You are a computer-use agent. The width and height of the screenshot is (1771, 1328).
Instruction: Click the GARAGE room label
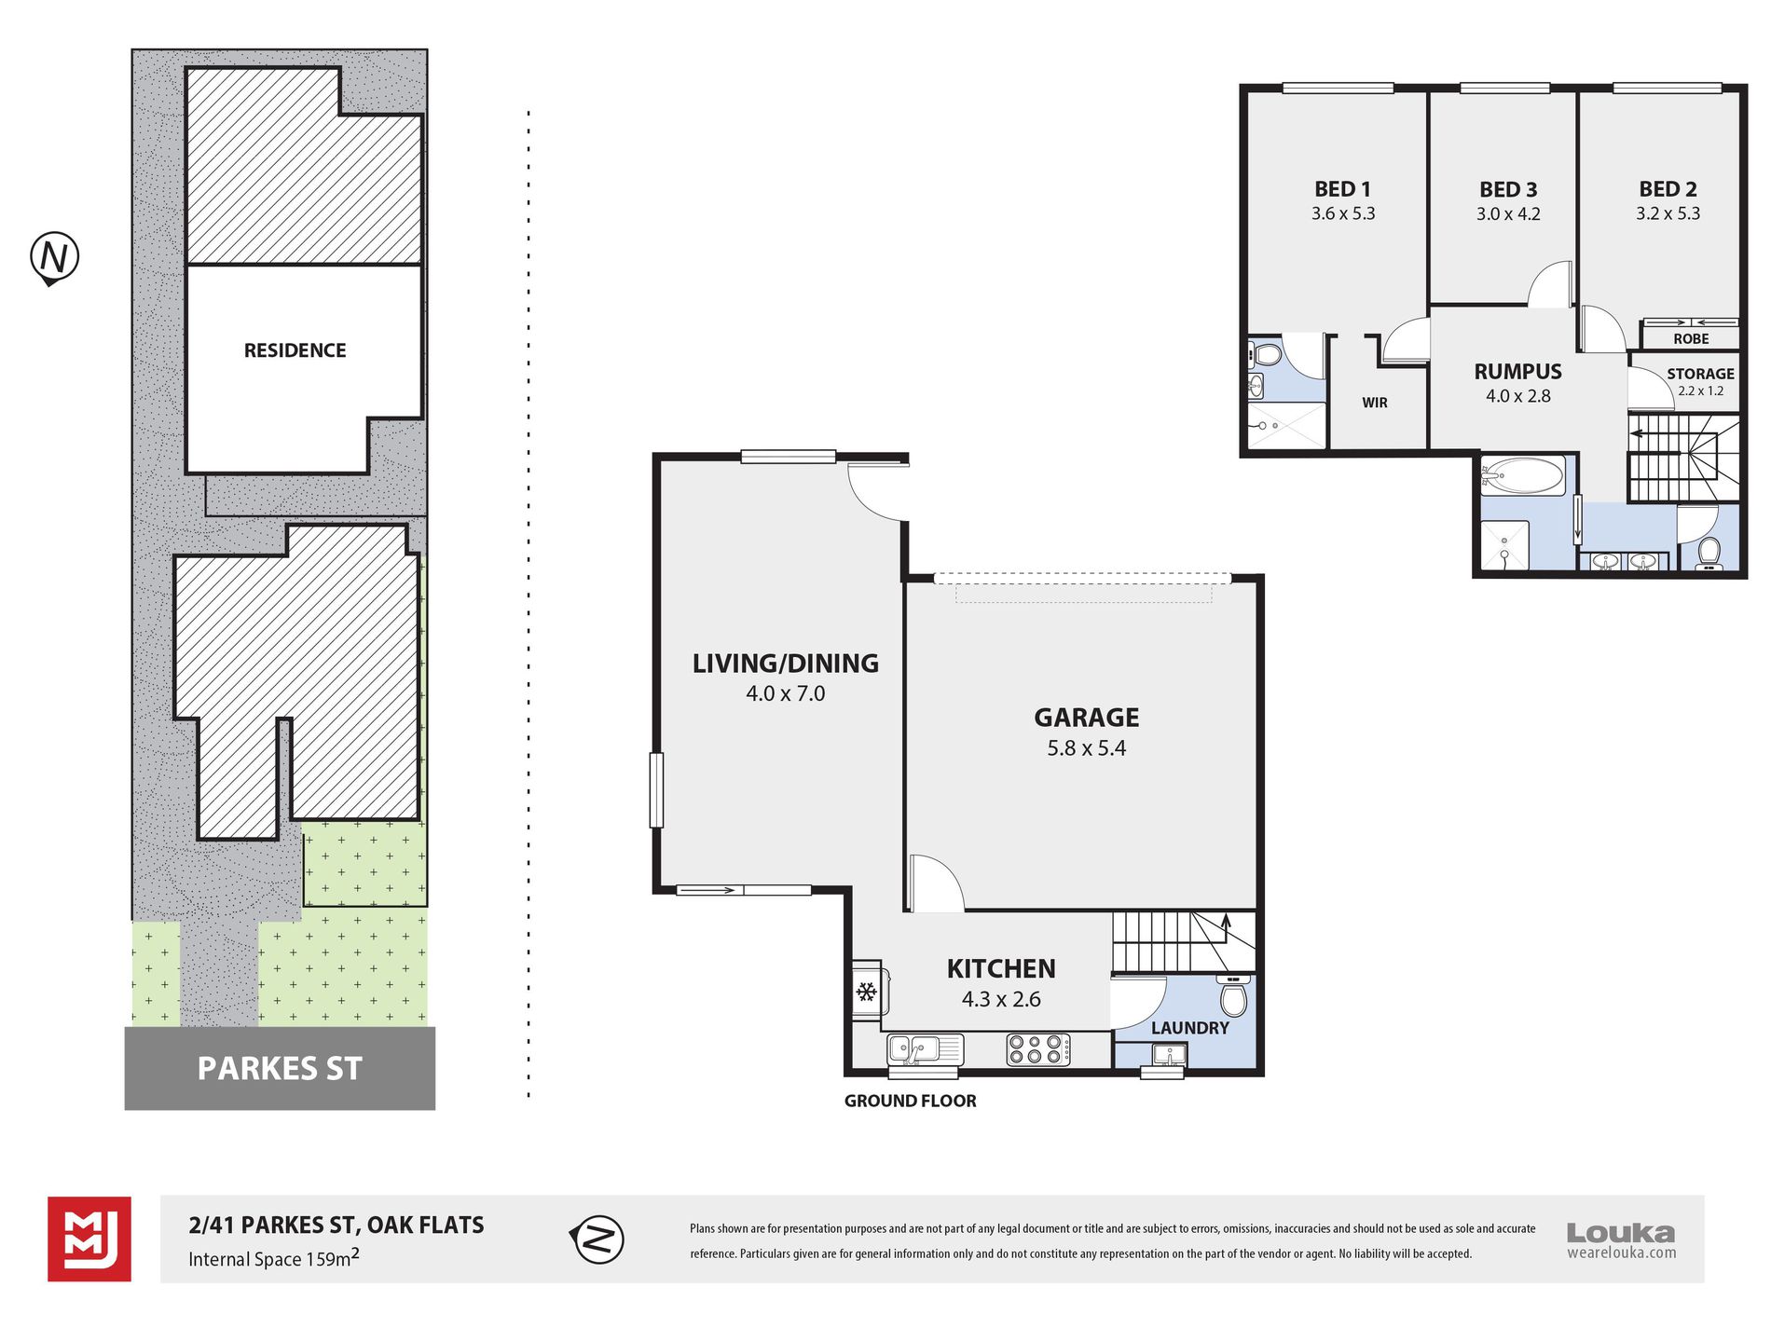[x=1086, y=718]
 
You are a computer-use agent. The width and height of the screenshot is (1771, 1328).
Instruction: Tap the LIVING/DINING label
[x=785, y=664]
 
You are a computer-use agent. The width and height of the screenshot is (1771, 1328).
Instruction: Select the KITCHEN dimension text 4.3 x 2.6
[x=1001, y=999]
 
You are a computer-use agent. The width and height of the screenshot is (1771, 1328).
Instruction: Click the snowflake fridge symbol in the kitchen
[x=867, y=992]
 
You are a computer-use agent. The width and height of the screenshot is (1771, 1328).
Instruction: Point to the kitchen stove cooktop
[x=1038, y=1050]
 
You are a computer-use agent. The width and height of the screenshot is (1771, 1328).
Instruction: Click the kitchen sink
[x=925, y=1050]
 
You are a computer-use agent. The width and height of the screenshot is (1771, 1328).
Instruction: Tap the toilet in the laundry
[x=1233, y=995]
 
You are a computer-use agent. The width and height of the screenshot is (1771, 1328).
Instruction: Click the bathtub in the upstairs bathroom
[x=1522, y=476]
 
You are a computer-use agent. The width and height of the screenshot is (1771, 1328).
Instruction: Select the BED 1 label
[x=1342, y=189]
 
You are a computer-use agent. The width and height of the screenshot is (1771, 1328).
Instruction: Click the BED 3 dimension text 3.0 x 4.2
[x=1508, y=214]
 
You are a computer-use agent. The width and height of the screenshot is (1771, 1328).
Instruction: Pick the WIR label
[x=1375, y=403]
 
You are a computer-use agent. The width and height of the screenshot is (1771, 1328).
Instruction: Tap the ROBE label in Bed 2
[x=1691, y=339]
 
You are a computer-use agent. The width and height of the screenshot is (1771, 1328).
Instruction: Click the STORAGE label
[x=1700, y=374]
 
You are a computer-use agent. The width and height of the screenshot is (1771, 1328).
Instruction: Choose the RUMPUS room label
[x=1517, y=372]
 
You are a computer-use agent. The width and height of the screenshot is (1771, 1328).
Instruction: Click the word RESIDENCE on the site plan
[x=295, y=350]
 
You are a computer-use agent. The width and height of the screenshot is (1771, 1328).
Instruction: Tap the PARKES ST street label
[x=280, y=1068]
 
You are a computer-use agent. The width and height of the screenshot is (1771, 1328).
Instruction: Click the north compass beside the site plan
[x=54, y=258]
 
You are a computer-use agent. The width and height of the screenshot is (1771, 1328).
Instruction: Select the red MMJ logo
[x=89, y=1239]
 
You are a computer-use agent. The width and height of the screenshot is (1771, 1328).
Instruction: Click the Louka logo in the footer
[x=1621, y=1240]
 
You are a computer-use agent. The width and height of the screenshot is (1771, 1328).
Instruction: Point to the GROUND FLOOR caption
[x=910, y=1101]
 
